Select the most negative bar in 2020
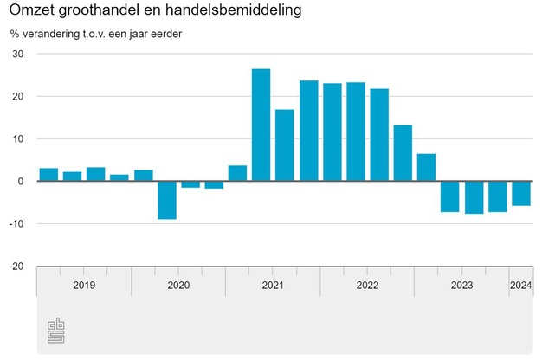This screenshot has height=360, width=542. [166, 200]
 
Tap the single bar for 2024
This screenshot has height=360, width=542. [521, 193]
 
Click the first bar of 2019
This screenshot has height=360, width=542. [48, 175]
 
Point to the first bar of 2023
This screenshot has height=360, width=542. [449, 196]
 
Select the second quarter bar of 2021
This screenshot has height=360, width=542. [284, 145]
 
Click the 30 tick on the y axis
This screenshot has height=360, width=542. [18, 55]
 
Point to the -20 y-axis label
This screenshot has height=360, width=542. [16, 267]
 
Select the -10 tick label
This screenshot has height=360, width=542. [16, 224]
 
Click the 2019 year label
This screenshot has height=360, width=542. [84, 285]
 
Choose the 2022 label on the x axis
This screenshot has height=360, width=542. [367, 285]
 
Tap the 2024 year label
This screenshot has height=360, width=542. [521, 285]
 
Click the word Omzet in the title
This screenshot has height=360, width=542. [31, 13]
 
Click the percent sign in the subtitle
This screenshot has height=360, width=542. [15, 35]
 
